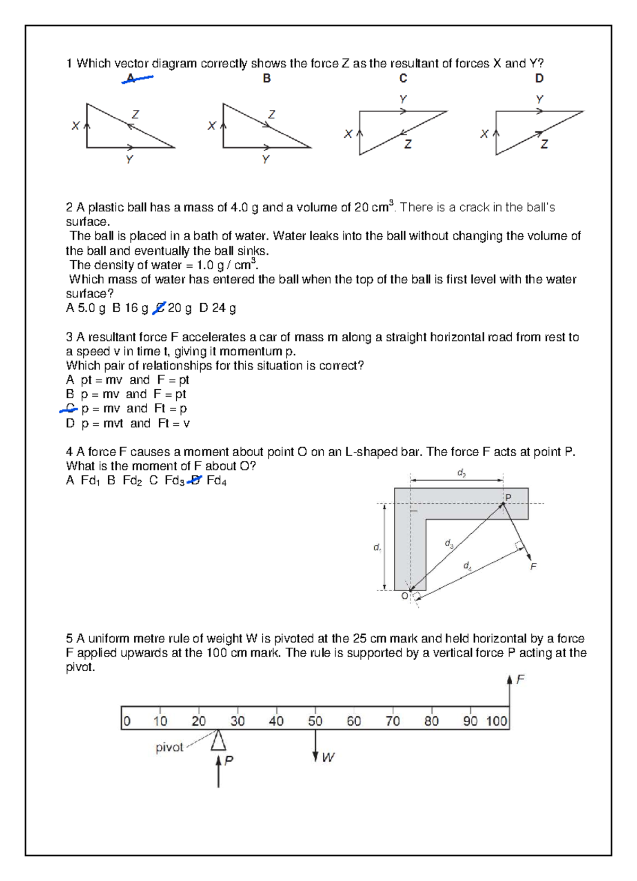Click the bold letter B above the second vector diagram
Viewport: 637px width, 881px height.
coord(266,79)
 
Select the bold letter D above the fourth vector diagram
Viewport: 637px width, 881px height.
coord(539,79)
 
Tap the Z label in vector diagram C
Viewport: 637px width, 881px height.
coord(408,144)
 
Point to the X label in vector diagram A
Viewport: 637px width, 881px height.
coord(75,126)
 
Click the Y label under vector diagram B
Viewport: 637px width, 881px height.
coord(266,159)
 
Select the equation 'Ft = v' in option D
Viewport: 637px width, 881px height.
coord(174,423)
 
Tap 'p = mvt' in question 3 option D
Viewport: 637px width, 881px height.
coord(102,424)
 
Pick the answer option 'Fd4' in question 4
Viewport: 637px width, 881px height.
coord(217,481)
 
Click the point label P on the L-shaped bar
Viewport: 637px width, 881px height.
coord(508,498)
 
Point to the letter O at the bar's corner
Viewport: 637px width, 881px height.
coord(404,596)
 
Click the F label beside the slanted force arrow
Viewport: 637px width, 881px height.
coord(533,566)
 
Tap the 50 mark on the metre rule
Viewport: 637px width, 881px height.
coord(315,721)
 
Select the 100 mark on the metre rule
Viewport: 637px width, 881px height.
coord(497,721)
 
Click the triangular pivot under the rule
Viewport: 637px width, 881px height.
coord(218,740)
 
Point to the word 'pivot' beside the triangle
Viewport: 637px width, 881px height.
coord(169,747)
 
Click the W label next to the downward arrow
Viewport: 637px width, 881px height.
coord(328,757)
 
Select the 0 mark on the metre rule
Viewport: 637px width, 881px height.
coord(127,721)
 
